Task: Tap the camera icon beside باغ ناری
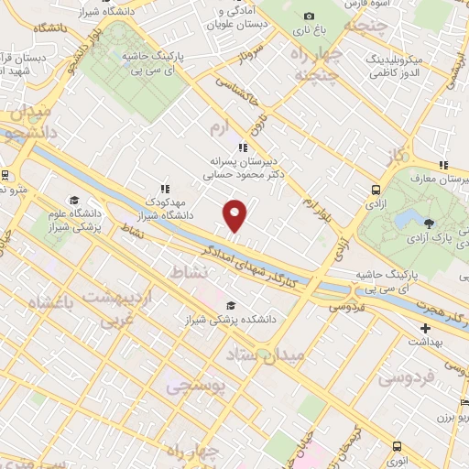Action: [309, 16]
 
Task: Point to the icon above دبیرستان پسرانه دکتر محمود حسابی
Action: [242, 147]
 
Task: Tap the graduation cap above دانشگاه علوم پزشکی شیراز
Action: [72, 201]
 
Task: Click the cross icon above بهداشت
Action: [424, 328]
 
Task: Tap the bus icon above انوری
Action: [396, 446]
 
